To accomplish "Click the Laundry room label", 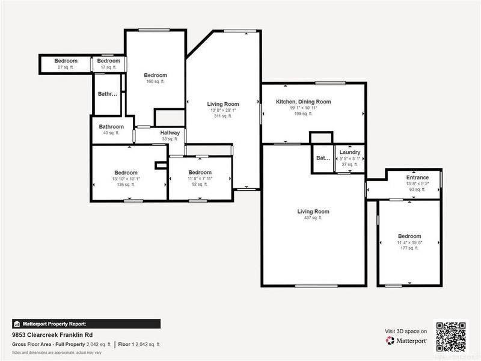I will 349,152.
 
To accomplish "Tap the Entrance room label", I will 417,177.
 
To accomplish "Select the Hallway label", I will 170,133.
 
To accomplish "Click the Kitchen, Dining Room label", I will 303,102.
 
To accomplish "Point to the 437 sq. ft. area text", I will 313,218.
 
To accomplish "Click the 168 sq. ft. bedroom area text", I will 155,81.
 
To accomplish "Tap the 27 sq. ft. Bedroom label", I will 66,61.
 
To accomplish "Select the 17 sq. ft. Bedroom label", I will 109,61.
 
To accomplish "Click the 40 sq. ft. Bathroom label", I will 111,127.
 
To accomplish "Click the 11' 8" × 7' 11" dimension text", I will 200,179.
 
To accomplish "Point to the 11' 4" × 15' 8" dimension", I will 409,242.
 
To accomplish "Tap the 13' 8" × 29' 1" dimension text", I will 223,111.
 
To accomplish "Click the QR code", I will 452,337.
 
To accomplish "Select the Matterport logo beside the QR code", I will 406,341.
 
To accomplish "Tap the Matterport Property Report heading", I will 54,323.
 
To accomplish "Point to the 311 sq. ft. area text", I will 223,116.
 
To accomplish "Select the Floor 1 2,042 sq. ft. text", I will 139,344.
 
